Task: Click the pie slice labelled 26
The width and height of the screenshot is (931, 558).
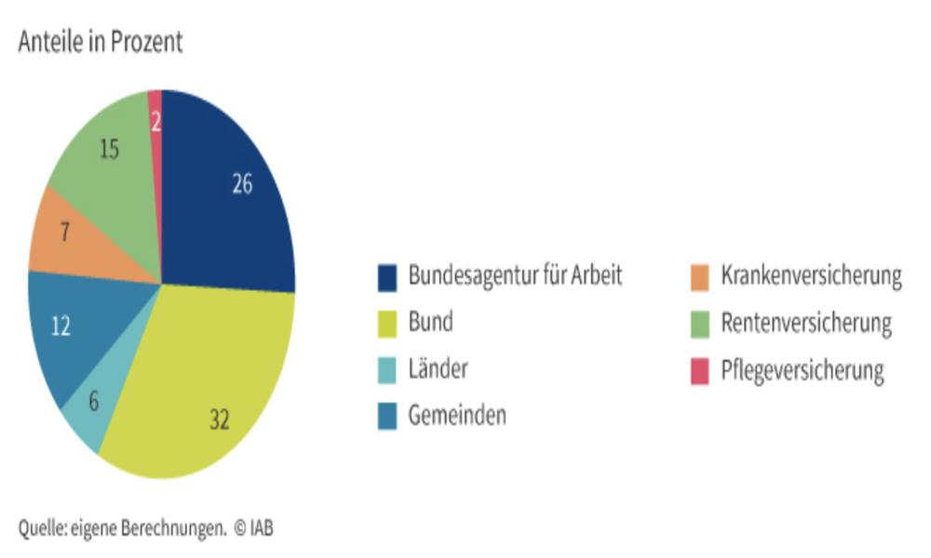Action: click(233, 195)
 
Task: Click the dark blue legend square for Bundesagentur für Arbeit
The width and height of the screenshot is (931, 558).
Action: click(387, 277)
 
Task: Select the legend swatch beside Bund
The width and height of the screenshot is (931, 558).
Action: click(387, 324)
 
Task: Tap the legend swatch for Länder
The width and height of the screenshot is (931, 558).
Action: click(387, 370)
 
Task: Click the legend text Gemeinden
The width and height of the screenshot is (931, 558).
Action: click(457, 416)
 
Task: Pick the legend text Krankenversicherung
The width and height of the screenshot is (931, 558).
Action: click(811, 276)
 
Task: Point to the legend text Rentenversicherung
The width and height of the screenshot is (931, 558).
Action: click(806, 324)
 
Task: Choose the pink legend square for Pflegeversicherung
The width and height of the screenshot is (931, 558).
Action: click(700, 371)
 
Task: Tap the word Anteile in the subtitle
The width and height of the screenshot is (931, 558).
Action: click(51, 43)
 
